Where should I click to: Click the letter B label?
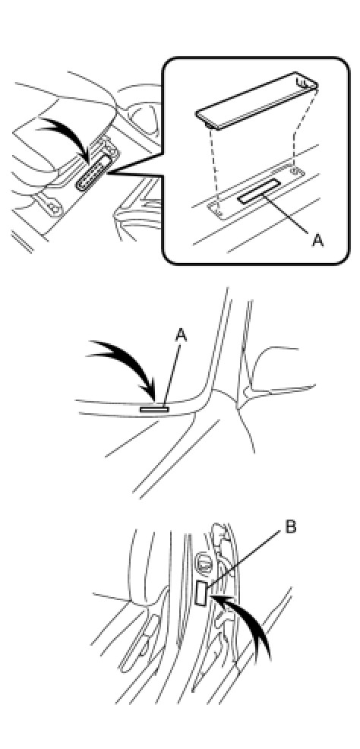291,527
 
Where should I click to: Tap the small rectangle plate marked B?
202,594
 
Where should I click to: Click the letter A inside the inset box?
317,240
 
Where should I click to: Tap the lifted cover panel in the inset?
257,100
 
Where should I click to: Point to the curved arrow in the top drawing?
71,134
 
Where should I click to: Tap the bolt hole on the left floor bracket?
55,208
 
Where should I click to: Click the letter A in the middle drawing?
181,336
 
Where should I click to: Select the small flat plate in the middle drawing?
154,409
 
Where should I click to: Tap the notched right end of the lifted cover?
308,82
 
